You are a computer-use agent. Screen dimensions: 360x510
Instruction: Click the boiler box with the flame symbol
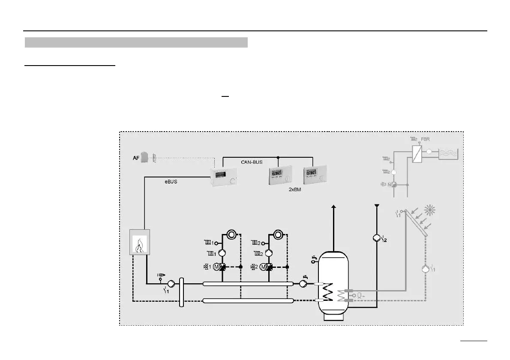pos(139,242)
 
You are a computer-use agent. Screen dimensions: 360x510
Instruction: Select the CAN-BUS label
pos(252,162)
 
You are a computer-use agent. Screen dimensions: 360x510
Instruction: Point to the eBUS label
pos(171,182)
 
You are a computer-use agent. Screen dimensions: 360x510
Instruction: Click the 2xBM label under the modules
pos(295,189)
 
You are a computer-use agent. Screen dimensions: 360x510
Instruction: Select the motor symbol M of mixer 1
pos(216,267)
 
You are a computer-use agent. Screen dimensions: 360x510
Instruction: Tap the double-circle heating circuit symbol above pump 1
pos(231,234)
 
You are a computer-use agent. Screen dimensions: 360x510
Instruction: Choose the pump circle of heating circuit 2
pos(269,254)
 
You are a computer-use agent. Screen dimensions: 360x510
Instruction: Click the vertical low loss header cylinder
pos(182,292)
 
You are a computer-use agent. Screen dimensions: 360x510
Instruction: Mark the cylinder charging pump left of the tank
pos(303,283)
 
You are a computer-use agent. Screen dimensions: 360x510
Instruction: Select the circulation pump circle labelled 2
pos(375,239)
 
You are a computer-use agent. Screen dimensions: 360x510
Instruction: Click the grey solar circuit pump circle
pos(425,270)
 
